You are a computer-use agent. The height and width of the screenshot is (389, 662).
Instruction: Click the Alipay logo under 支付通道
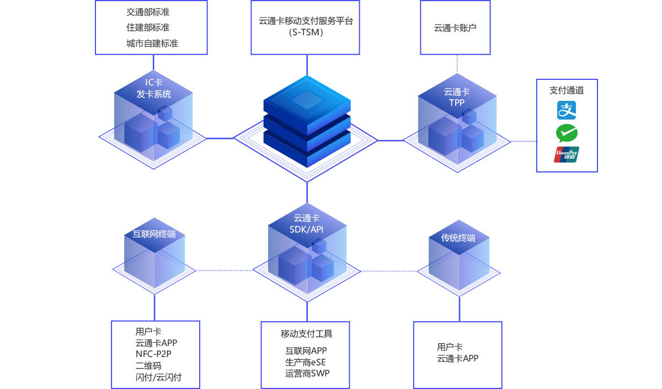coord(567,110)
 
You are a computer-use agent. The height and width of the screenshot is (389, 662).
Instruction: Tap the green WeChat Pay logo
coord(567,133)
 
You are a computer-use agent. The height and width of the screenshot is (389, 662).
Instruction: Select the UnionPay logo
coord(567,155)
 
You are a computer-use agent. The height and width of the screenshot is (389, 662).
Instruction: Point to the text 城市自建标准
coord(152,43)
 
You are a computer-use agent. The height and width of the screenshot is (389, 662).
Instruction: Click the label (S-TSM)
coord(305,33)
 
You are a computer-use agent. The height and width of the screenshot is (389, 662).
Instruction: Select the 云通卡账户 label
coord(455,28)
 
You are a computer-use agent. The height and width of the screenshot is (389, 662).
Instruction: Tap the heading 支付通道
coord(567,90)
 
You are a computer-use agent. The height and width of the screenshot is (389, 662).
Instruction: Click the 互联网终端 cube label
coord(154,234)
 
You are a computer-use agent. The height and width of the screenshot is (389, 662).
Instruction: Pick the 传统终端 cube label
coord(458,238)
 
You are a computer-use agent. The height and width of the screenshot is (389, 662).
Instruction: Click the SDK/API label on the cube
coord(307,229)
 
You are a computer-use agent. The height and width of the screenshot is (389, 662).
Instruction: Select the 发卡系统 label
coord(154,94)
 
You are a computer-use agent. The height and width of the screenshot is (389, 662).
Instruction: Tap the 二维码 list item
coord(148,365)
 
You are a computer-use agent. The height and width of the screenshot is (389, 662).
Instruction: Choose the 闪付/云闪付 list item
coord(158,377)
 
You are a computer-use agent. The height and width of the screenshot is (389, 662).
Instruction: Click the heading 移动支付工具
coord(307,333)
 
